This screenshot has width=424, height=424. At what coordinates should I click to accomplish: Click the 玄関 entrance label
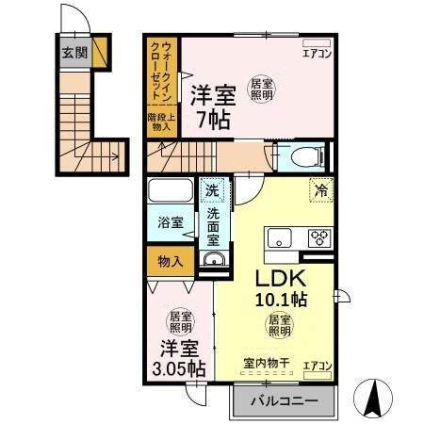75,52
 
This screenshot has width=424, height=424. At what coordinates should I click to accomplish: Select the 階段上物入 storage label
160,120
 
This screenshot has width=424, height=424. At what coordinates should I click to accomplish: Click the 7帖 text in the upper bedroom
212,119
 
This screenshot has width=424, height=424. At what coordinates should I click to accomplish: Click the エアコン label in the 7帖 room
315,54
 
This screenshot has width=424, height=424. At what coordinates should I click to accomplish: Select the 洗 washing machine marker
214,188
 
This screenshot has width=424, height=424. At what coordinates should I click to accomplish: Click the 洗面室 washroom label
214,227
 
